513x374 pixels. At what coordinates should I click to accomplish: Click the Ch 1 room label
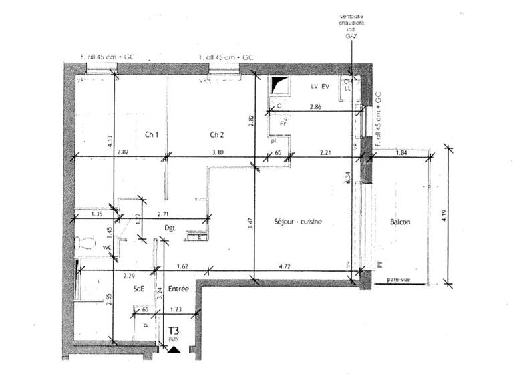click(x=152, y=134)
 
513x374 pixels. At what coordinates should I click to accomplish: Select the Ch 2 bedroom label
click(x=216, y=134)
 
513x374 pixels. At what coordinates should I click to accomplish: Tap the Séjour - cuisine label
click(x=298, y=222)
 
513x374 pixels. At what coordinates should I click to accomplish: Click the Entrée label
click(x=178, y=289)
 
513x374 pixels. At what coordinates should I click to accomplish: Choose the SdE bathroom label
click(x=138, y=289)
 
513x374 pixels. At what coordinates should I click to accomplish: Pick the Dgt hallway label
click(x=170, y=228)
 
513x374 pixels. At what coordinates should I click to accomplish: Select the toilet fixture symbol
click(x=83, y=244)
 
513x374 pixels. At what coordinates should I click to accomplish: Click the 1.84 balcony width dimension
click(x=402, y=154)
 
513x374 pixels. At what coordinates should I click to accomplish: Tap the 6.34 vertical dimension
click(x=345, y=177)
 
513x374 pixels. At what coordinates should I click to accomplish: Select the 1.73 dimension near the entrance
click(x=176, y=311)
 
